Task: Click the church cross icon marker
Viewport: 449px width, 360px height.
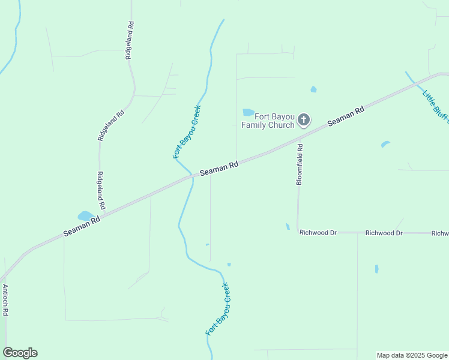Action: tap(304, 120)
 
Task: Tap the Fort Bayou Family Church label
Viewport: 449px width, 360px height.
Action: tap(268, 121)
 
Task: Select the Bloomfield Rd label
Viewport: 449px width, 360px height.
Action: tap(300, 163)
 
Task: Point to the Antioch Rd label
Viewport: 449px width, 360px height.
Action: tap(5, 300)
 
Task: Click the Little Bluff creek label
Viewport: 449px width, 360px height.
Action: tap(435, 106)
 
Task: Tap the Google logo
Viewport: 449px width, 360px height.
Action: tap(20, 353)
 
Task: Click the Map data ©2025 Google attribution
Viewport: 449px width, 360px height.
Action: tap(411, 355)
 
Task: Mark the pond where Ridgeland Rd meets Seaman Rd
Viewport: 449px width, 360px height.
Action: tap(85, 215)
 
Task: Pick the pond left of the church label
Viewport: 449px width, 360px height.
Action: tap(248, 112)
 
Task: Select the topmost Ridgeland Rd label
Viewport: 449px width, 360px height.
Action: tap(128, 40)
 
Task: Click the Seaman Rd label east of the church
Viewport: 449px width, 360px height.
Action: tap(346, 116)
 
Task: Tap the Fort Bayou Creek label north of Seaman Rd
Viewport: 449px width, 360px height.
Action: tap(187, 132)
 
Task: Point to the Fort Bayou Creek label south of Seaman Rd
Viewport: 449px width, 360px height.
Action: tap(218, 309)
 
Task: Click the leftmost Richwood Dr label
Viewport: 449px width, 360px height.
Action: tap(318, 232)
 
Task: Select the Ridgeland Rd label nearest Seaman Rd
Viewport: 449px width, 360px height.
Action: tap(101, 190)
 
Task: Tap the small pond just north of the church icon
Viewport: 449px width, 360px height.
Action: tap(313, 89)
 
